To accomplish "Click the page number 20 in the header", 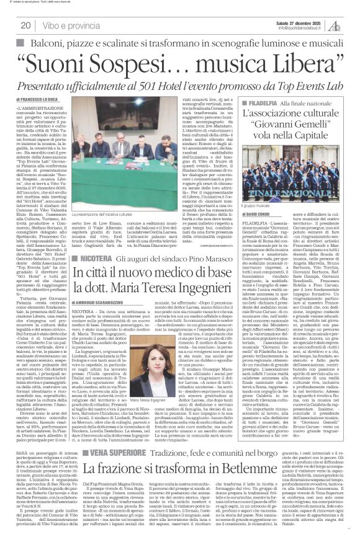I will [x=25, y=25].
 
